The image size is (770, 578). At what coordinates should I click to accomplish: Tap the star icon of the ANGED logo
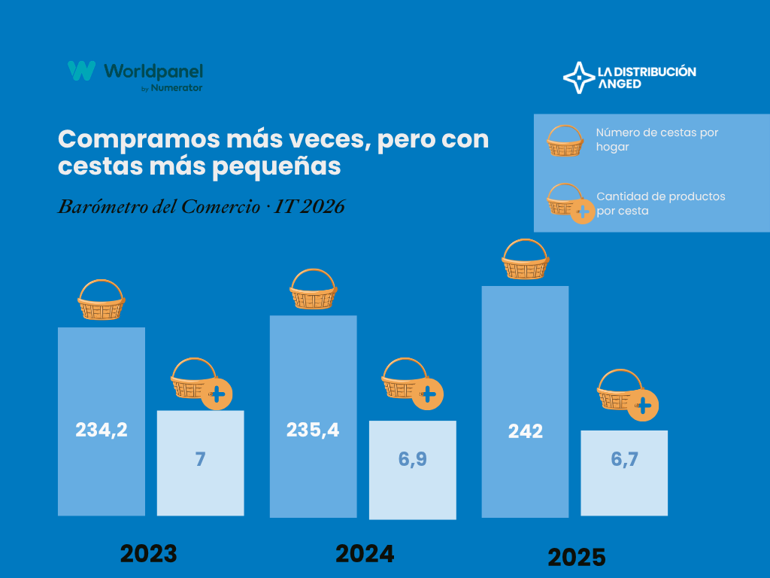(578, 78)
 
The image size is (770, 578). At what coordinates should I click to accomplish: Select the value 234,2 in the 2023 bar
(102, 430)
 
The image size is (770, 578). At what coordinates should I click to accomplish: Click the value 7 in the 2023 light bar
(200, 458)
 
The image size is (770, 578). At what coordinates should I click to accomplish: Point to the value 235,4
(313, 430)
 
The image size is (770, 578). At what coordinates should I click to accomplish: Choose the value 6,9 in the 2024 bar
(412, 458)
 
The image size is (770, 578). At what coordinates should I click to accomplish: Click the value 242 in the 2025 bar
(525, 431)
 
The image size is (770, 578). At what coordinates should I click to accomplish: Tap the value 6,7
(624, 459)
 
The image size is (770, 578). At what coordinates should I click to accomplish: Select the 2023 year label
(149, 554)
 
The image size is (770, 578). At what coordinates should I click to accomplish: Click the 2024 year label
(365, 554)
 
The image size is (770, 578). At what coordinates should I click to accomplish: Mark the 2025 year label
(577, 558)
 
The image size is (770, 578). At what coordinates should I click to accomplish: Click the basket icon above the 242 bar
(525, 260)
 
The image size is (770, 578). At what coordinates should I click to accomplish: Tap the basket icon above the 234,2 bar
(101, 300)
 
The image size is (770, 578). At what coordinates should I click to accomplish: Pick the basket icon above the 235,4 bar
(313, 289)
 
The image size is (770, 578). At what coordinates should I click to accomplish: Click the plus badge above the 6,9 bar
(429, 394)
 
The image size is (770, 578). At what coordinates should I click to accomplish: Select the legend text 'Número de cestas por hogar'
(656, 139)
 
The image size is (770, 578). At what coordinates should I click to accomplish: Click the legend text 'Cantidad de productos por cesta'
(660, 203)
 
